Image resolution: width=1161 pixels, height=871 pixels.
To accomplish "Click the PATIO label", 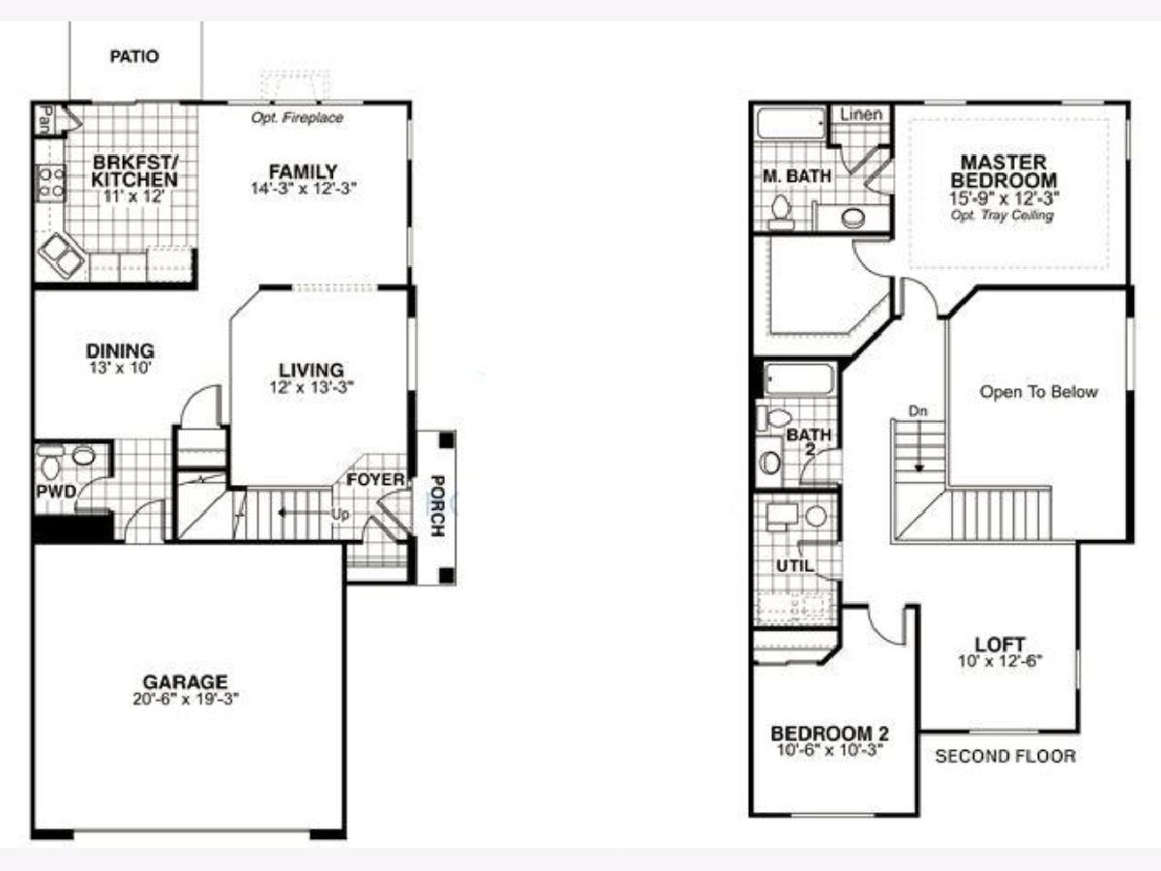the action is pyautogui.click(x=134, y=56).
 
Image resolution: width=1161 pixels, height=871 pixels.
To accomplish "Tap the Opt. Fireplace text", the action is pyautogui.click(x=297, y=117).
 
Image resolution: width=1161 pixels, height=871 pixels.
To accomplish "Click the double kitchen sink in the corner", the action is pyautogui.click(x=62, y=255).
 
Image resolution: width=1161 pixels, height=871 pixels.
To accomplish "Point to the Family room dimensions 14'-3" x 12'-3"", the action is pyautogui.click(x=304, y=189).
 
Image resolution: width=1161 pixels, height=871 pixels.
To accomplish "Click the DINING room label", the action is pyautogui.click(x=120, y=351).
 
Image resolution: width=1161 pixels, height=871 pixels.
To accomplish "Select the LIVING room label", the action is pyautogui.click(x=312, y=371).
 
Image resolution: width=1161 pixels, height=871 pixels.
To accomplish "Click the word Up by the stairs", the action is pyautogui.click(x=341, y=514).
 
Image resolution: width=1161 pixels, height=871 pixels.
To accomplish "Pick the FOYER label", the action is pyautogui.click(x=375, y=480).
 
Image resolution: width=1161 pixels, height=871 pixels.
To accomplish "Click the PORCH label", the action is pyautogui.click(x=437, y=506).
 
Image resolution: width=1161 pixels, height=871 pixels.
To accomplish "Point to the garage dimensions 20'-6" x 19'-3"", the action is pyautogui.click(x=186, y=699).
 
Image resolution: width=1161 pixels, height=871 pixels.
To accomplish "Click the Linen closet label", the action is pyautogui.click(x=861, y=114).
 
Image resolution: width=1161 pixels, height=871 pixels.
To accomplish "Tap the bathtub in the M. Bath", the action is pyautogui.click(x=790, y=124).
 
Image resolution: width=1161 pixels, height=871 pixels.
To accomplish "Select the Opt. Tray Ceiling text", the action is pyautogui.click(x=1001, y=215).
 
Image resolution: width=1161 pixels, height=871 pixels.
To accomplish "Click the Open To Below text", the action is pyautogui.click(x=1039, y=392).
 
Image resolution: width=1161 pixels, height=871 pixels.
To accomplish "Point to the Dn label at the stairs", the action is pyautogui.click(x=918, y=411).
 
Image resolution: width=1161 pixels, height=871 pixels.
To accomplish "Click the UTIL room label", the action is pyautogui.click(x=795, y=566).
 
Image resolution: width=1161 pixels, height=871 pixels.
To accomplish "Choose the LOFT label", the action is pyautogui.click(x=999, y=645).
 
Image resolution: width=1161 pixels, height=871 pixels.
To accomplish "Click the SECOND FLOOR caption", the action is pyautogui.click(x=1005, y=756).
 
